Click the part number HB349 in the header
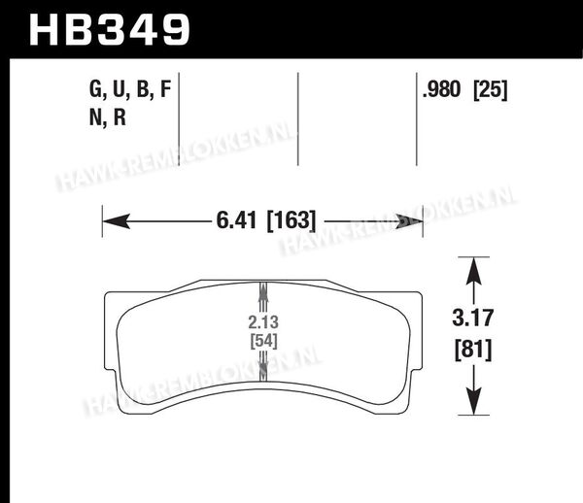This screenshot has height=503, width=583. tap(110, 30)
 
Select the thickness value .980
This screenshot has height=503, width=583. tap(442, 89)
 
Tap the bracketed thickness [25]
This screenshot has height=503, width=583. tap(491, 90)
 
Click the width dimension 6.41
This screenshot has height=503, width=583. tap(236, 220)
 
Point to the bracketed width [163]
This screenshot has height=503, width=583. tap(291, 220)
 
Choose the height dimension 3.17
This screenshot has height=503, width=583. tap(473, 318)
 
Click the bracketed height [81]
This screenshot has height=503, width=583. tap(473, 350)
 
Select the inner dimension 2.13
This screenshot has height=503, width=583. tap(263, 322)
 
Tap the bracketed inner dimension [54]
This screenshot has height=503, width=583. tap(263, 341)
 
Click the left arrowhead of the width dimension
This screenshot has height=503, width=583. tap(117, 221)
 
